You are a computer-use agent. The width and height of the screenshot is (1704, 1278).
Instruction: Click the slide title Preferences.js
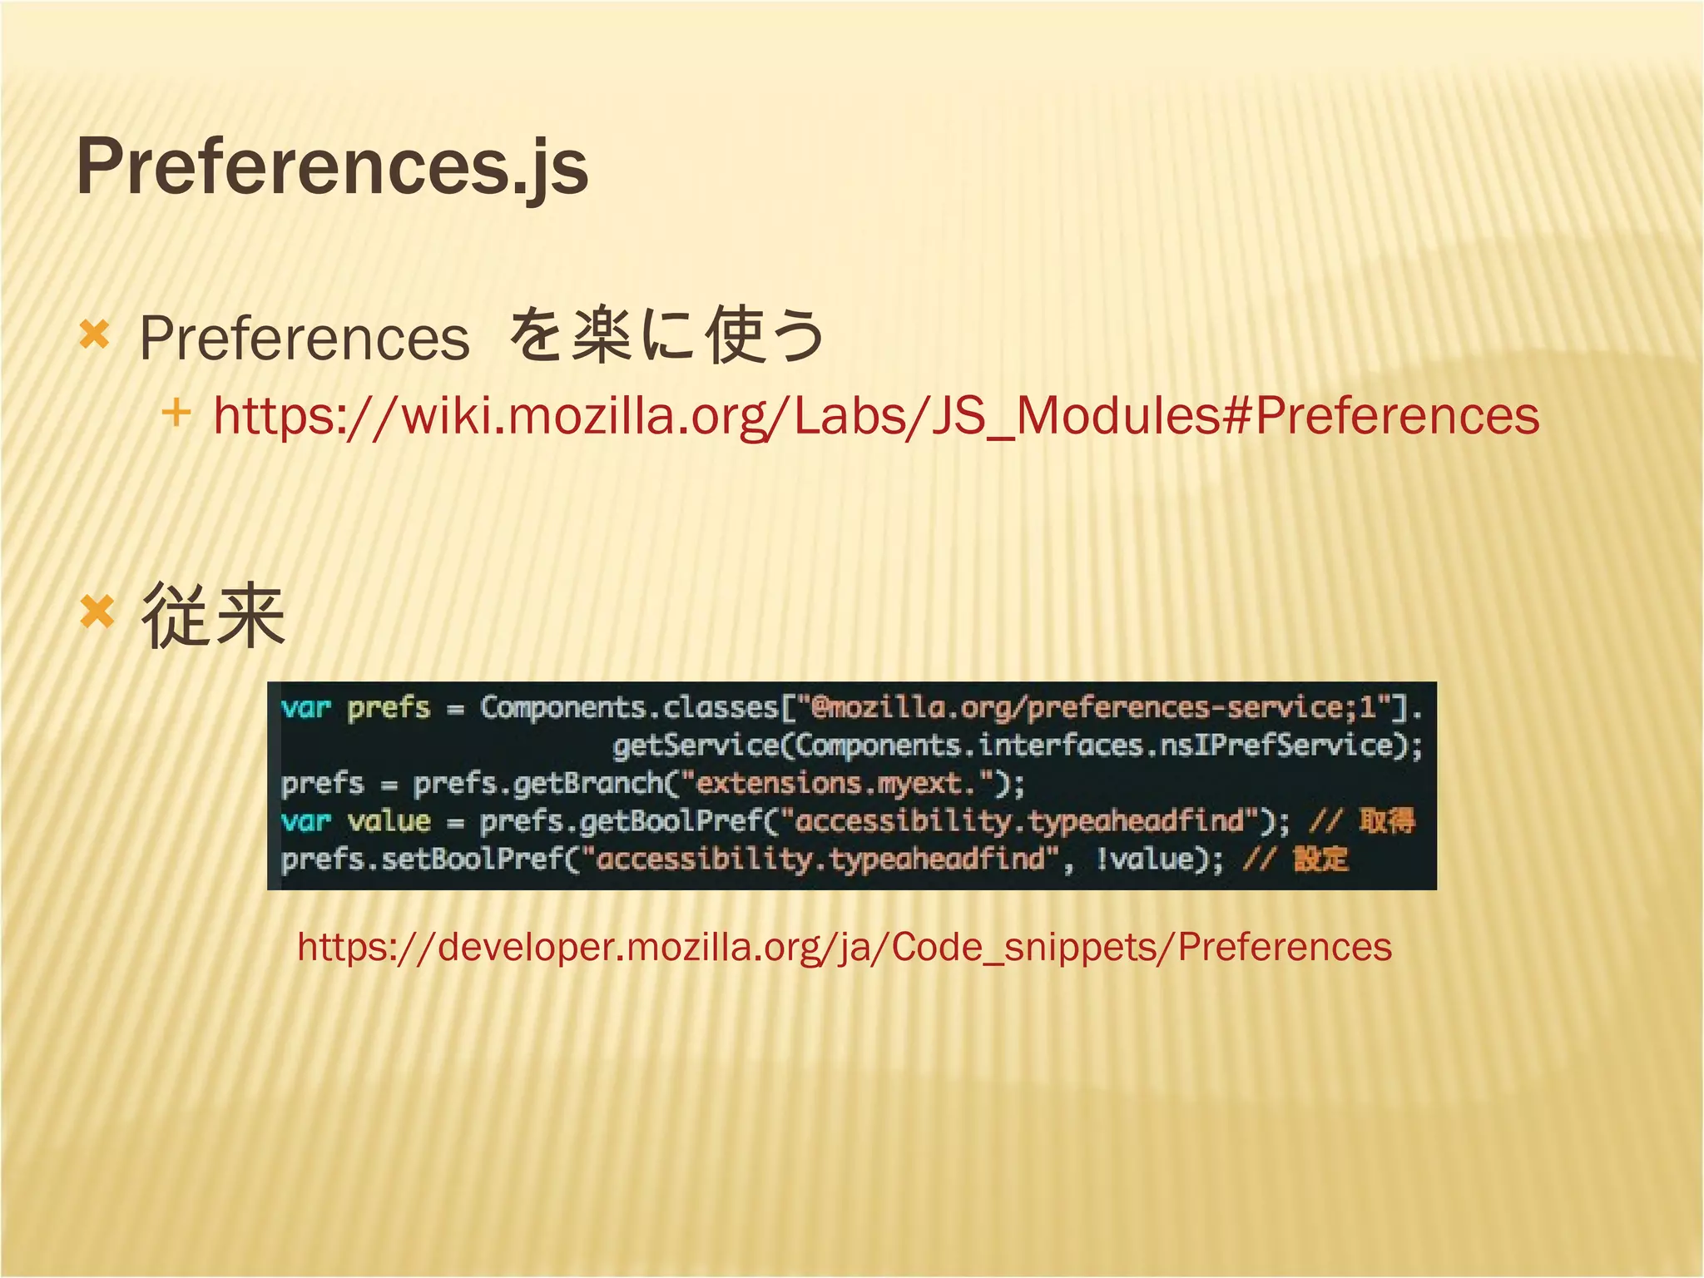point(332,167)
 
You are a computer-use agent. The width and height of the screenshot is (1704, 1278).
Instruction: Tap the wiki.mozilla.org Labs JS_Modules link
point(875,415)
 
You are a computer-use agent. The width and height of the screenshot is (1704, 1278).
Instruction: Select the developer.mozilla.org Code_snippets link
point(844,947)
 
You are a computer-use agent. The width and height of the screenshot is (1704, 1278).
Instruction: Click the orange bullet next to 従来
point(97,614)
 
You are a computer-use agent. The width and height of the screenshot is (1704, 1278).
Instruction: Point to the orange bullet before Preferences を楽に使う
point(94,335)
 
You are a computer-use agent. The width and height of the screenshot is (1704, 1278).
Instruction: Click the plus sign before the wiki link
point(176,412)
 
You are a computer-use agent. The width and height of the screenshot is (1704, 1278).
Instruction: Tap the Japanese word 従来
point(213,617)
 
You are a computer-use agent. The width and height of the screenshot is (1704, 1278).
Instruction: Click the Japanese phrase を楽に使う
point(666,336)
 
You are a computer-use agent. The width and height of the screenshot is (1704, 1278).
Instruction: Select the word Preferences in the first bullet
point(305,339)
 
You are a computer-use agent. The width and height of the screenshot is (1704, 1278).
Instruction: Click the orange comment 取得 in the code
point(1387,821)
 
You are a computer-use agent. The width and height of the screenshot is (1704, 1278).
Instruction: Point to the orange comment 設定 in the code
point(1320,859)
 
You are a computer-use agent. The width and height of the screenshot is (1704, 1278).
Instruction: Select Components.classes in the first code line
point(628,708)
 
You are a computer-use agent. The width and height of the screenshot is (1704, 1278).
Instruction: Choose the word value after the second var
point(389,822)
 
